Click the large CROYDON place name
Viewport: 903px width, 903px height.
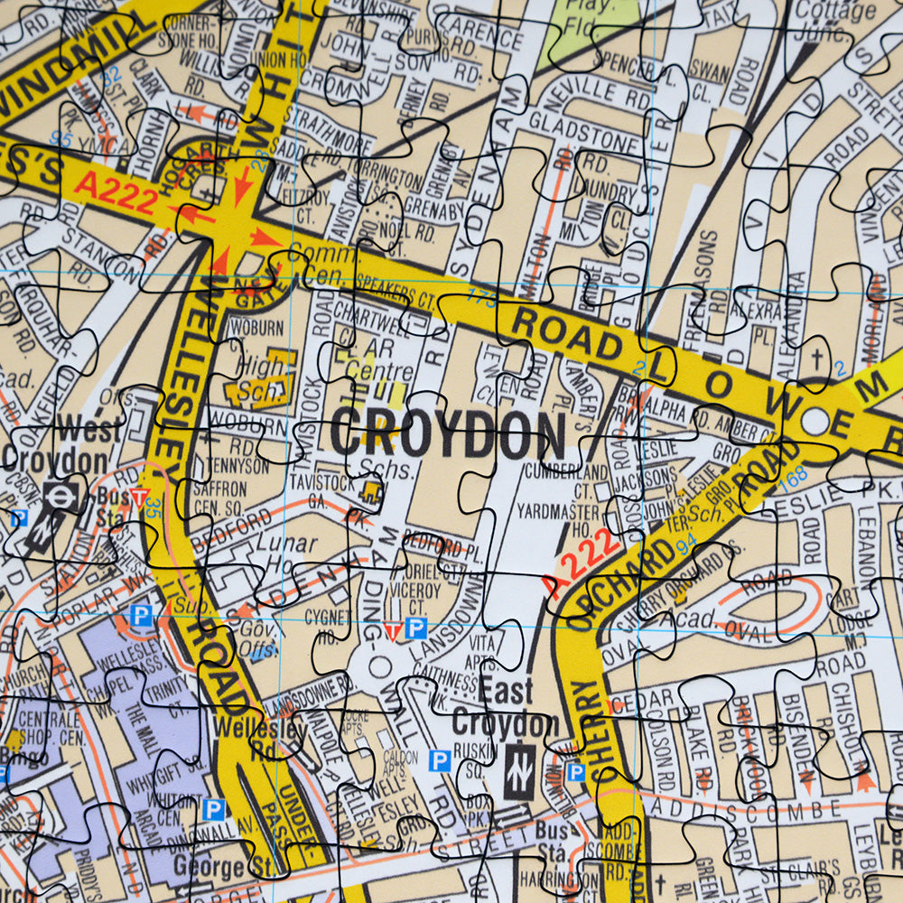447,433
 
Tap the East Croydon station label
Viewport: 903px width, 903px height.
505,709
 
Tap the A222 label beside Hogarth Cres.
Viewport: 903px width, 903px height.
116,192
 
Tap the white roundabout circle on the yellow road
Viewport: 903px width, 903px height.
815,421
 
